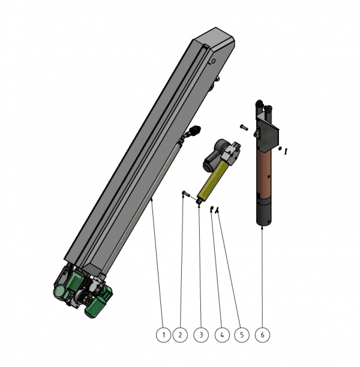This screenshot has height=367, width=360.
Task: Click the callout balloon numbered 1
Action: [163, 335]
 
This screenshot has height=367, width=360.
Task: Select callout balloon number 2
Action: [180, 335]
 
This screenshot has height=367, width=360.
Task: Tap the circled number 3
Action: [201, 335]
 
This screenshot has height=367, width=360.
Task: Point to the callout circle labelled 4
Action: [222, 335]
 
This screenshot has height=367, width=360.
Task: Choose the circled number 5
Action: [242, 335]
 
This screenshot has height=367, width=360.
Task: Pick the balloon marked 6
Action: [262, 335]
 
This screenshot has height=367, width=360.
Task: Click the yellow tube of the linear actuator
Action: [212, 181]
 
